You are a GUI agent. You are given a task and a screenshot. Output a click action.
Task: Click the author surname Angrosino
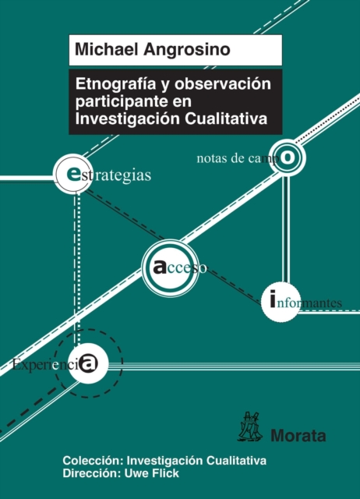click(187, 51)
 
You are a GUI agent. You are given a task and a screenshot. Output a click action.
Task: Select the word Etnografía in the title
click(116, 84)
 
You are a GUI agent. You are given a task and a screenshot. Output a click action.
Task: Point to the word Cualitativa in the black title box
click(226, 119)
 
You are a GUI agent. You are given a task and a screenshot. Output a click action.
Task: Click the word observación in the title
click(223, 83)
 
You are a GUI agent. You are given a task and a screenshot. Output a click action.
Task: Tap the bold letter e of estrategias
click(74, 174)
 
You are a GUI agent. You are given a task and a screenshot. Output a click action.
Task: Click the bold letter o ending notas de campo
click(288, 157)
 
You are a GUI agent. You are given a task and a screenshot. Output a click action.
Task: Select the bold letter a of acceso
click(160, 267)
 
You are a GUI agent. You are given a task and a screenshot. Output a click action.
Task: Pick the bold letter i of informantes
click(272, 299)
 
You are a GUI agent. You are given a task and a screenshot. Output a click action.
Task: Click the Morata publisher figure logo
click(250, 426)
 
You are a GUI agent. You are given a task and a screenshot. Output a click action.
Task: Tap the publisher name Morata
click(298, 435)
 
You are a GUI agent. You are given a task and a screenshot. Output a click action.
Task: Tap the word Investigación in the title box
click(128, 119)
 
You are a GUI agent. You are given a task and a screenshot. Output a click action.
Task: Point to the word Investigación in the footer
click(164, 461)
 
